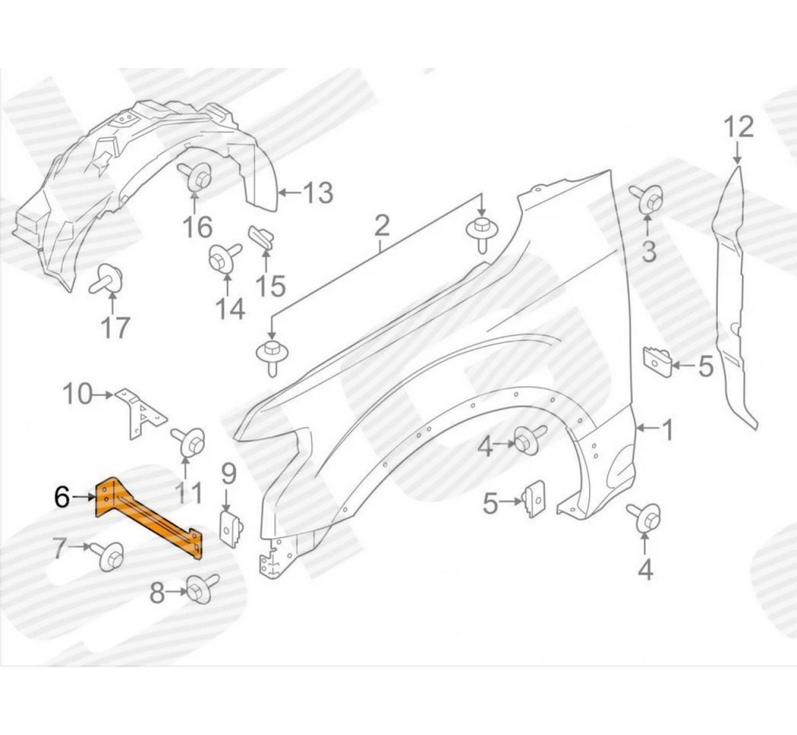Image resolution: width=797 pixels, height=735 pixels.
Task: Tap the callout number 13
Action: coord(318,193)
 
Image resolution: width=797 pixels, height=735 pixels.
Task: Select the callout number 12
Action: coord(739,127)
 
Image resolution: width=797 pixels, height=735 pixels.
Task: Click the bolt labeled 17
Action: coord(107,280)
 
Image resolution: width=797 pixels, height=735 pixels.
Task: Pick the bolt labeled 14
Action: coord(225,256)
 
